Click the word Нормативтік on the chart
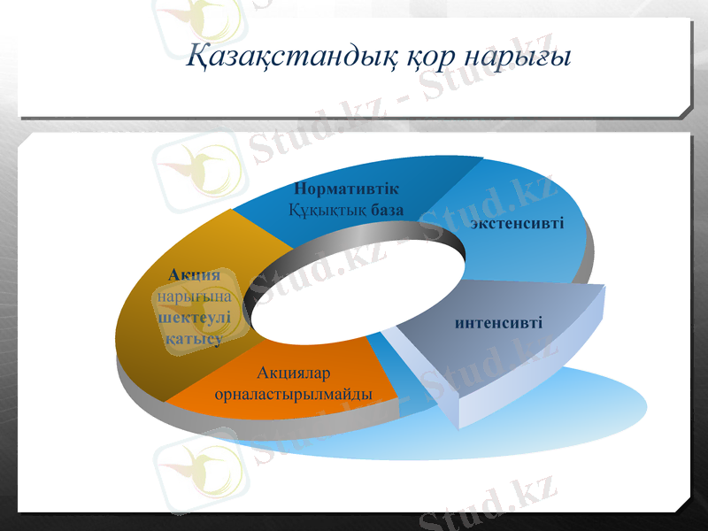click(346, 189)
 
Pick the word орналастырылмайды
click(294, 394)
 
